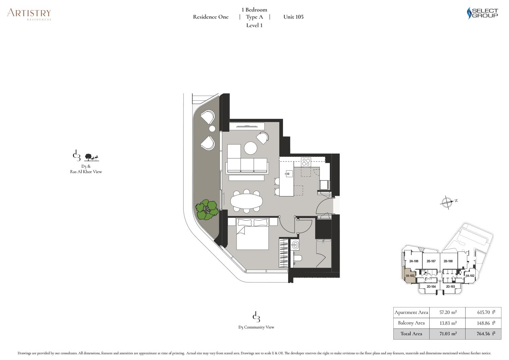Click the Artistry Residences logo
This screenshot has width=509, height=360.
[29, 14]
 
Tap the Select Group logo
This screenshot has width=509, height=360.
[482, 13]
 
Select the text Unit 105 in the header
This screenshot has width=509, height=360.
[293, 17]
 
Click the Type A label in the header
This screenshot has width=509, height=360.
[254, 17]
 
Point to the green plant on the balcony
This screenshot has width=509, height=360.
[207, 210]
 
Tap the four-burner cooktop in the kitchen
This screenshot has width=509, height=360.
[306, 162]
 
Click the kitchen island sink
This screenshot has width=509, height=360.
[288, 174]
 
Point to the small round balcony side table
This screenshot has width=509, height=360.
[212, 129]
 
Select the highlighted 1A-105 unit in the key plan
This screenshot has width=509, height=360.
[409, 275]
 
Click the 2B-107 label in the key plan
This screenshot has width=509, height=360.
[431, 261]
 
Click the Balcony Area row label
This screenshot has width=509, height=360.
[411, 323]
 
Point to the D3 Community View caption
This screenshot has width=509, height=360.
[256, 327]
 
